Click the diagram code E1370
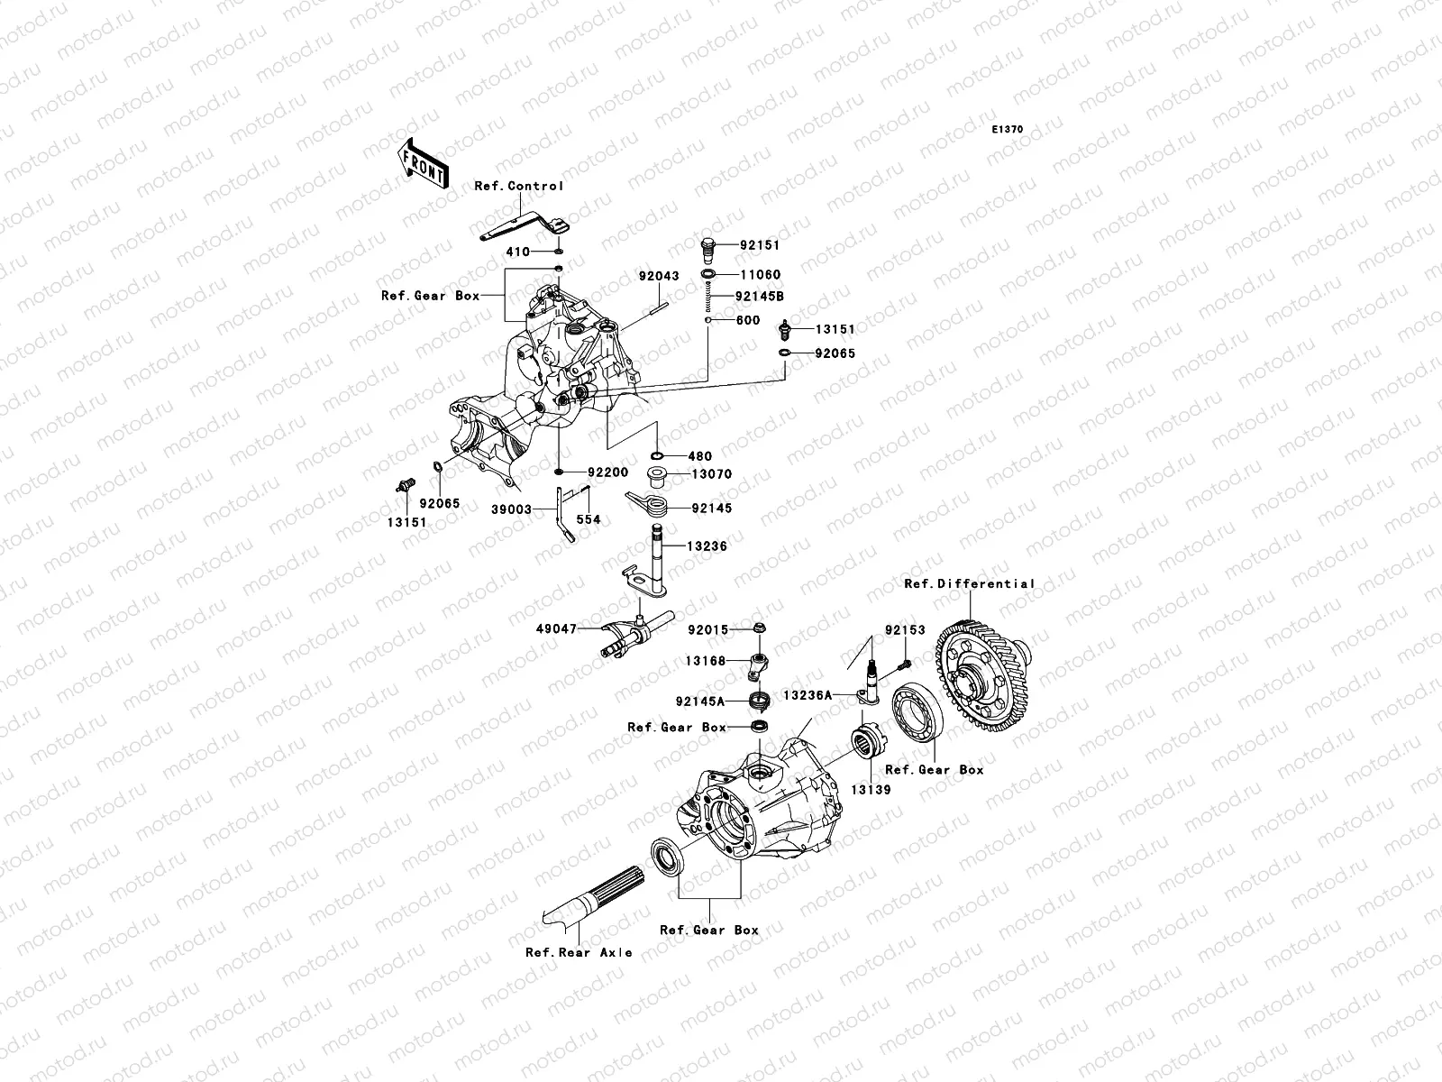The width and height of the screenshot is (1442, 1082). [1008, 130]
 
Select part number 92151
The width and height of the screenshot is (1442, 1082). [760, 244]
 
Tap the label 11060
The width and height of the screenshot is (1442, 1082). [760, 274]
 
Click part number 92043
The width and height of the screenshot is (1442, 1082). [659, 276]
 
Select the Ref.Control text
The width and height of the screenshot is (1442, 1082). [518, 186]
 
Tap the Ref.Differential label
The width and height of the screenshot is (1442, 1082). [970, 583]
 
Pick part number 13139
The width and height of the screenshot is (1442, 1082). [872, 789]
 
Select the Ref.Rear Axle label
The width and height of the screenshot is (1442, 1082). [579, 952]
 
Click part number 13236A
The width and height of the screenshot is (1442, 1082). [808, 695]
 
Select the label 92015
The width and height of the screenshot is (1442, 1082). [707, 630]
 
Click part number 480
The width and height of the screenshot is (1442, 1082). [699, 456]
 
